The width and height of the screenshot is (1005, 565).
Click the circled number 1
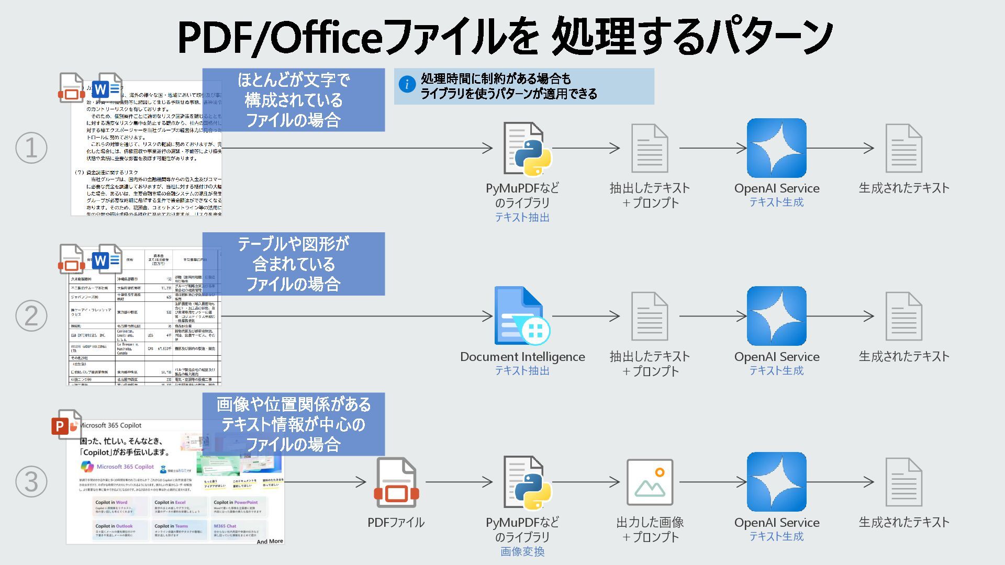tap(31, 148)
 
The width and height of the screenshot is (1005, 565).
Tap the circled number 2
tap(31, 316)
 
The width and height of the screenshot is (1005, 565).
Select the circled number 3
tap(31, 482)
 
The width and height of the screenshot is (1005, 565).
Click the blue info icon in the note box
tap(407, 84)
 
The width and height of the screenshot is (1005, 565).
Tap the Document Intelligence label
tap(522, 357)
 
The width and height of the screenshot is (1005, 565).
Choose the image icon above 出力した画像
tap(650, 482)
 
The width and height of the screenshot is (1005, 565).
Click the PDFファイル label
tap(396, 523)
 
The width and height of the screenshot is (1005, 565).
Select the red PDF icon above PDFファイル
tap(396, 482)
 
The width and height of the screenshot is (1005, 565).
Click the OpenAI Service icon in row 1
tap(776, 148)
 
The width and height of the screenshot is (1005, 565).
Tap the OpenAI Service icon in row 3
tap(776, 482)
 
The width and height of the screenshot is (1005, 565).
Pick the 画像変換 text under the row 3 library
tap(522, 551)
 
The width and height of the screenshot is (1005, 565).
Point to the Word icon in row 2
tap(108, 259)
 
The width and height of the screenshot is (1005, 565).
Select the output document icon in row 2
tap(903, 316)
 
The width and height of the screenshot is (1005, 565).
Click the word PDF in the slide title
tap(215, 37)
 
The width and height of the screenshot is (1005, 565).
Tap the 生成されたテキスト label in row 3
tap(904, 522)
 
